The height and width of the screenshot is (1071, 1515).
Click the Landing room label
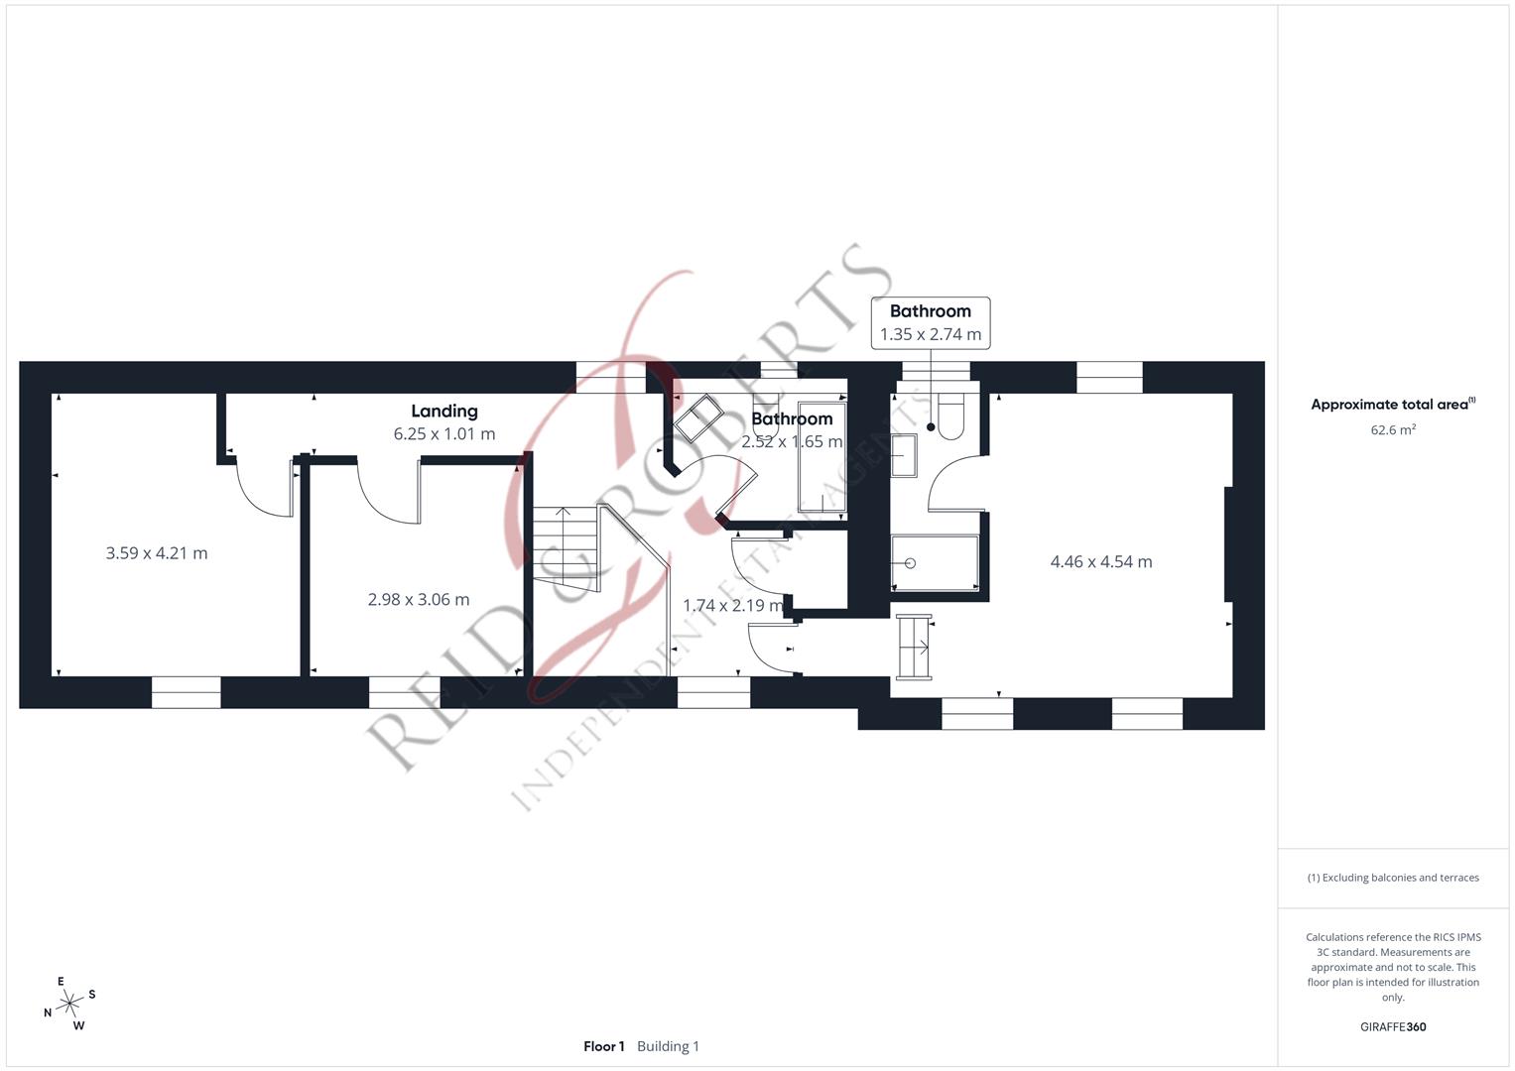coord(444,412)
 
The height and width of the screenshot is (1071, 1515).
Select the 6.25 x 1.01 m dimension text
coord(444,434)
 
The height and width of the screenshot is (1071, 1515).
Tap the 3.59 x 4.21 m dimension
coord(156,553)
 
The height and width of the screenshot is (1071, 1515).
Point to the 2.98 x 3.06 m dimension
coord(419,599)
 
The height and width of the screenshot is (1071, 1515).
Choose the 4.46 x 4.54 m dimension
coord(1101,562)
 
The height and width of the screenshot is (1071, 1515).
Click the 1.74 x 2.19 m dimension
coord(733,605)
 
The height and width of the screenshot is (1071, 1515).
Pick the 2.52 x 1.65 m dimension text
coord(792,441)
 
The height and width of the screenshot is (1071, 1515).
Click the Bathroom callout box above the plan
coord(931,323)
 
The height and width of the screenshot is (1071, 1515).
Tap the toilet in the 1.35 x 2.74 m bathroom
coord(950,416)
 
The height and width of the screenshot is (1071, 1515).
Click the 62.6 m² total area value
coord(1393,430)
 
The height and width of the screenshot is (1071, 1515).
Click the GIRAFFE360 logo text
coord(1393,1026)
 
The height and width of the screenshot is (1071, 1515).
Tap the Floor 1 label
coord(604,1046)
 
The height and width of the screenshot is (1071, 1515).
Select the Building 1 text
coord(669,1046)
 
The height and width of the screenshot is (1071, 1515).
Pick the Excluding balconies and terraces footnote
coord(1393,878)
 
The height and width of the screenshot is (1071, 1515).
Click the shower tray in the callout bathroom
coord(935,563)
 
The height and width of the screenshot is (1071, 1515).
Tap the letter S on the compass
coord(92,994)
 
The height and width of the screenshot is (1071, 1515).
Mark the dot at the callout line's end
coord(931,427)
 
